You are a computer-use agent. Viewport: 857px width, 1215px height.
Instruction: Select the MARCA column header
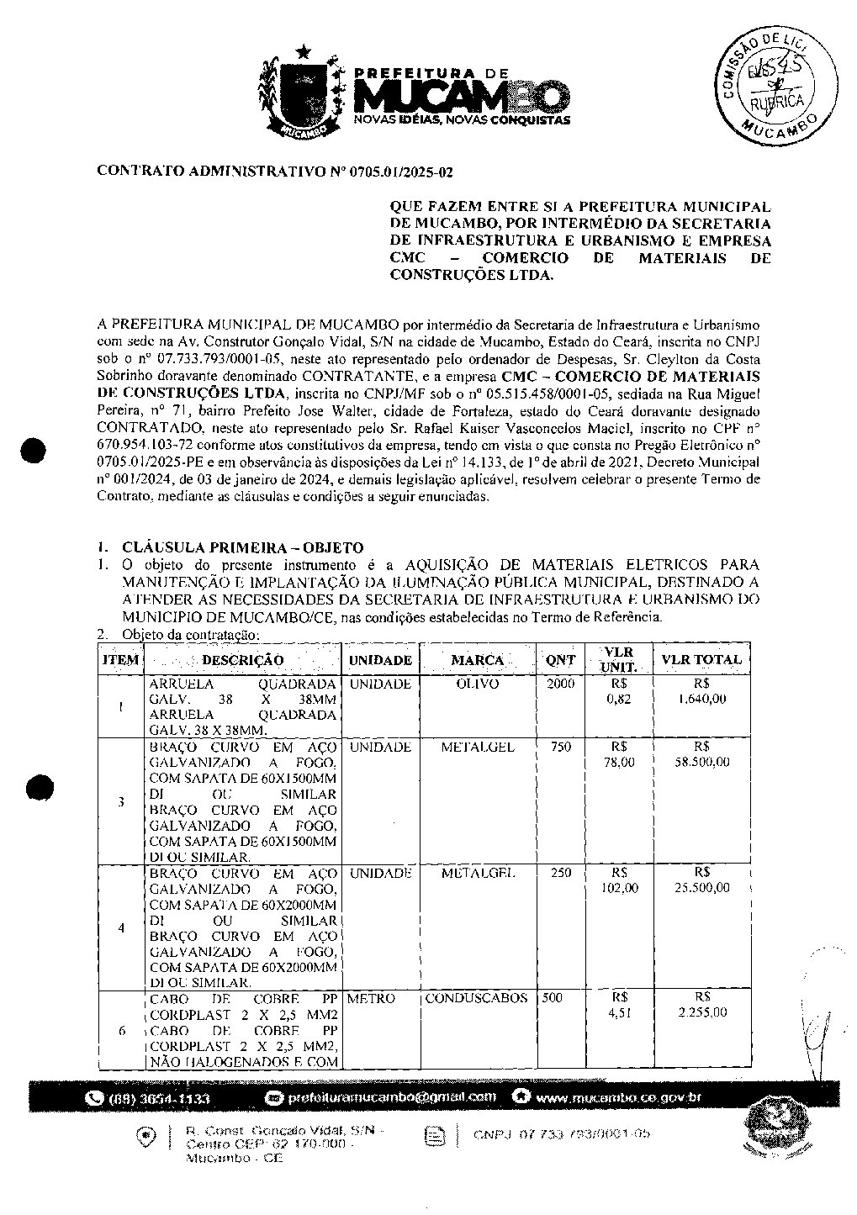(x=477, y=661)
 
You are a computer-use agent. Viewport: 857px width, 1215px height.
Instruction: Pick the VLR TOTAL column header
(x=701, y=660)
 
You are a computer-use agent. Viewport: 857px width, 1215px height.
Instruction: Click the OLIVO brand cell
(x=477, y=684)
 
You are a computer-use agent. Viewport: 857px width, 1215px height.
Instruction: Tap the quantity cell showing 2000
(x=560, y=684)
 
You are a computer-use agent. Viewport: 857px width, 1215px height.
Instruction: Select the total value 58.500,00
(x=702, y=762)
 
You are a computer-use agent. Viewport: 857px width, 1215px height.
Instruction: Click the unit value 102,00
(x=620, y=888)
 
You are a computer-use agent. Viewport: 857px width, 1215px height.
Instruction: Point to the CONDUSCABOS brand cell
(x=477, y=998)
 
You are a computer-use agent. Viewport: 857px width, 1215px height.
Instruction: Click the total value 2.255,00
(x=702, y=1012)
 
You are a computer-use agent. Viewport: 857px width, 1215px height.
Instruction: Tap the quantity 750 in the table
(x=560, y=747)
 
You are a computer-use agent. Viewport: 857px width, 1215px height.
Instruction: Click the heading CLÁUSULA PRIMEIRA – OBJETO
(x=242, y=547)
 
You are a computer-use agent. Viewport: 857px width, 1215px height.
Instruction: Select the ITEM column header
(x=120, y=660)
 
